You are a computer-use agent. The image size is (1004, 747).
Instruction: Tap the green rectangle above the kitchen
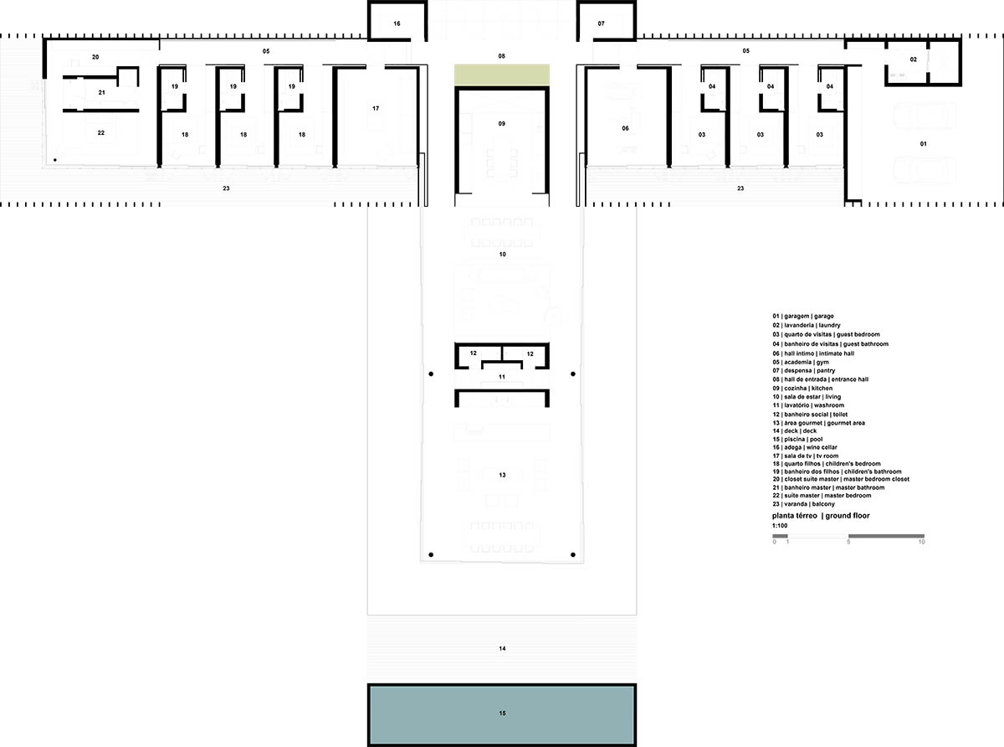click(x=502, y=75)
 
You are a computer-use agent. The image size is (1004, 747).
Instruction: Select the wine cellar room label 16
click(x=397, y=23)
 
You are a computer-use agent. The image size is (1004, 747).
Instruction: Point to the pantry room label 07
click(x=601, y=23)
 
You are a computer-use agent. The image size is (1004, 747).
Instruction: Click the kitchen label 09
click(x=501, y=124)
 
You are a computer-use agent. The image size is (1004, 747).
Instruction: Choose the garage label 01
click(x=924, y=144)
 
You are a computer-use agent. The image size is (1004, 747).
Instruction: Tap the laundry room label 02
click(x=914, y=59)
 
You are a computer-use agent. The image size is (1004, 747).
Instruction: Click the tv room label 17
click(x=376, y=108)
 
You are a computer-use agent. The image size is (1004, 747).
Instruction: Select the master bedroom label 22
click(x=101, y=133)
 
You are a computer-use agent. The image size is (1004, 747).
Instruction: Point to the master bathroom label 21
click(x=102, y=92)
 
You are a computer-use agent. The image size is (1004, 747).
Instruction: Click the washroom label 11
click(x=502, y=377)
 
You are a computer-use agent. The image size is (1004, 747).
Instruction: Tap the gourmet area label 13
click(x=503, y=475)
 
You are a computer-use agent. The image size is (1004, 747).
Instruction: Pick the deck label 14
click(x=503, y=649)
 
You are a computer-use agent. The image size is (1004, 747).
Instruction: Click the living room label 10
click(x=503, y=255)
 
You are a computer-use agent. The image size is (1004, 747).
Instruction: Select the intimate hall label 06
click(x=625, y=129)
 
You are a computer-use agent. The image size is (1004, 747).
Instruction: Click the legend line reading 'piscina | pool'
click(x=797, y=439)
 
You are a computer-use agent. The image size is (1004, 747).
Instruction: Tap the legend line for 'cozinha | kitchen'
click(x=802, y=389)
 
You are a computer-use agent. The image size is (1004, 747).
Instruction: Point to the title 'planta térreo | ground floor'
click(x=821, y=516)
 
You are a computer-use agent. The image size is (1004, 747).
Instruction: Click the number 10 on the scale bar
click(x=922, y=542)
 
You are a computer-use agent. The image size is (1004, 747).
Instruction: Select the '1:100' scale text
click(x=780, y=526)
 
